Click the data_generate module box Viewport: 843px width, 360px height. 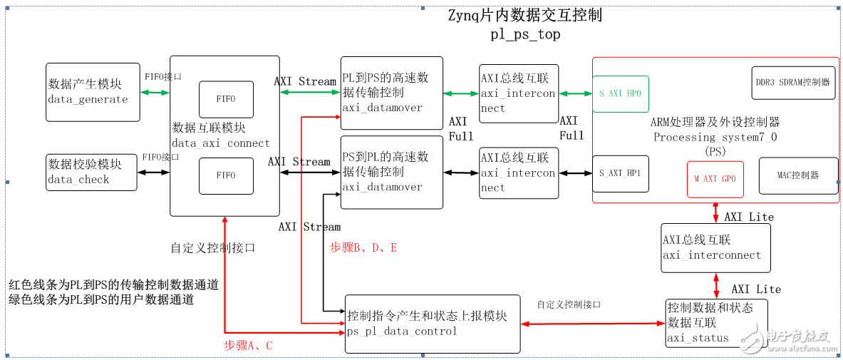(93, 92)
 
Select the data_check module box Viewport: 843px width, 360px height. (91, 172)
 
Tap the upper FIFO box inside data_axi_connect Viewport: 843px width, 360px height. (226, 99)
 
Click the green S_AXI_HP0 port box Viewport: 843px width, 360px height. (621, 93)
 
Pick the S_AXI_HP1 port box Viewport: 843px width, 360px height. (621, 174)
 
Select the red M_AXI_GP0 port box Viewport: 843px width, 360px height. (715, 179)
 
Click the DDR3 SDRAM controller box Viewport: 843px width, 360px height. (792, 83)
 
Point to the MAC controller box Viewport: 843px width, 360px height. (797, 175)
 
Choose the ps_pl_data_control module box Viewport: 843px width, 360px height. (432, 323)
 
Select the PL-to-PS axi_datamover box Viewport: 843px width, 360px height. (391, 93)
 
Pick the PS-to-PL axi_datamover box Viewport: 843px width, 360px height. (391, 172)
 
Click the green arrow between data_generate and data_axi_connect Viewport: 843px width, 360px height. (155, 93)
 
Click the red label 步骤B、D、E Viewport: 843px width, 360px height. (363, 247)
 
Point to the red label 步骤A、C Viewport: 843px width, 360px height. (248, 345)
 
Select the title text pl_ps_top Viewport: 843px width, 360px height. (525, 34)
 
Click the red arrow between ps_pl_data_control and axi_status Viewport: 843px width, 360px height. (592, 324)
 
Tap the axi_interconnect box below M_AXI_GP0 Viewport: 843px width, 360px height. (715, 247)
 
